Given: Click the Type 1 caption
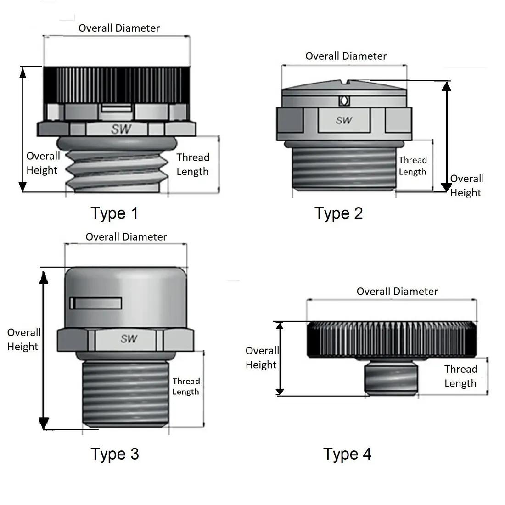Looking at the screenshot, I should click(x=114, y=213).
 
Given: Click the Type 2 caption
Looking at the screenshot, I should click(x=338, y=213).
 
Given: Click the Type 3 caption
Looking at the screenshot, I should click(x=114, y=454).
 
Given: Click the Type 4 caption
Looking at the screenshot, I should click(x=347, y=454).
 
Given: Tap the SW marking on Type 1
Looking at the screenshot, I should click(x=121, y=129).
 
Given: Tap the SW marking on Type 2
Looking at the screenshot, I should click(x=344, y=120).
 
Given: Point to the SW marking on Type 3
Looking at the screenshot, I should click(x=129, y=339).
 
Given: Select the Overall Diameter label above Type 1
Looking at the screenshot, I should click(x=119, y=28).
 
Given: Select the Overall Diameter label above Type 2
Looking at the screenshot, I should click(x=346, y=56).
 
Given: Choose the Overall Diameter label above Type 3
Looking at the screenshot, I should click(x=126, y=237).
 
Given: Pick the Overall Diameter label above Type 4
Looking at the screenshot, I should click(x=397, y=292).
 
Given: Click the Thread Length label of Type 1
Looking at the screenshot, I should click(x=193, y=164).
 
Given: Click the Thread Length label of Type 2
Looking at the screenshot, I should click(x=412, y=166).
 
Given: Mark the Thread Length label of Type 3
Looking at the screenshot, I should click(x=186, y=386).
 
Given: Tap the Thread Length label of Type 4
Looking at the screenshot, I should click(x=460, y=376).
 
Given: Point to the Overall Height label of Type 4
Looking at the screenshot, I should click(x=262, y=358).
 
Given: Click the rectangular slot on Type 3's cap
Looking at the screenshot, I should click(x=96, y=303).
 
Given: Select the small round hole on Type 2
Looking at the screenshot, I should click(x=343, y=101).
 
